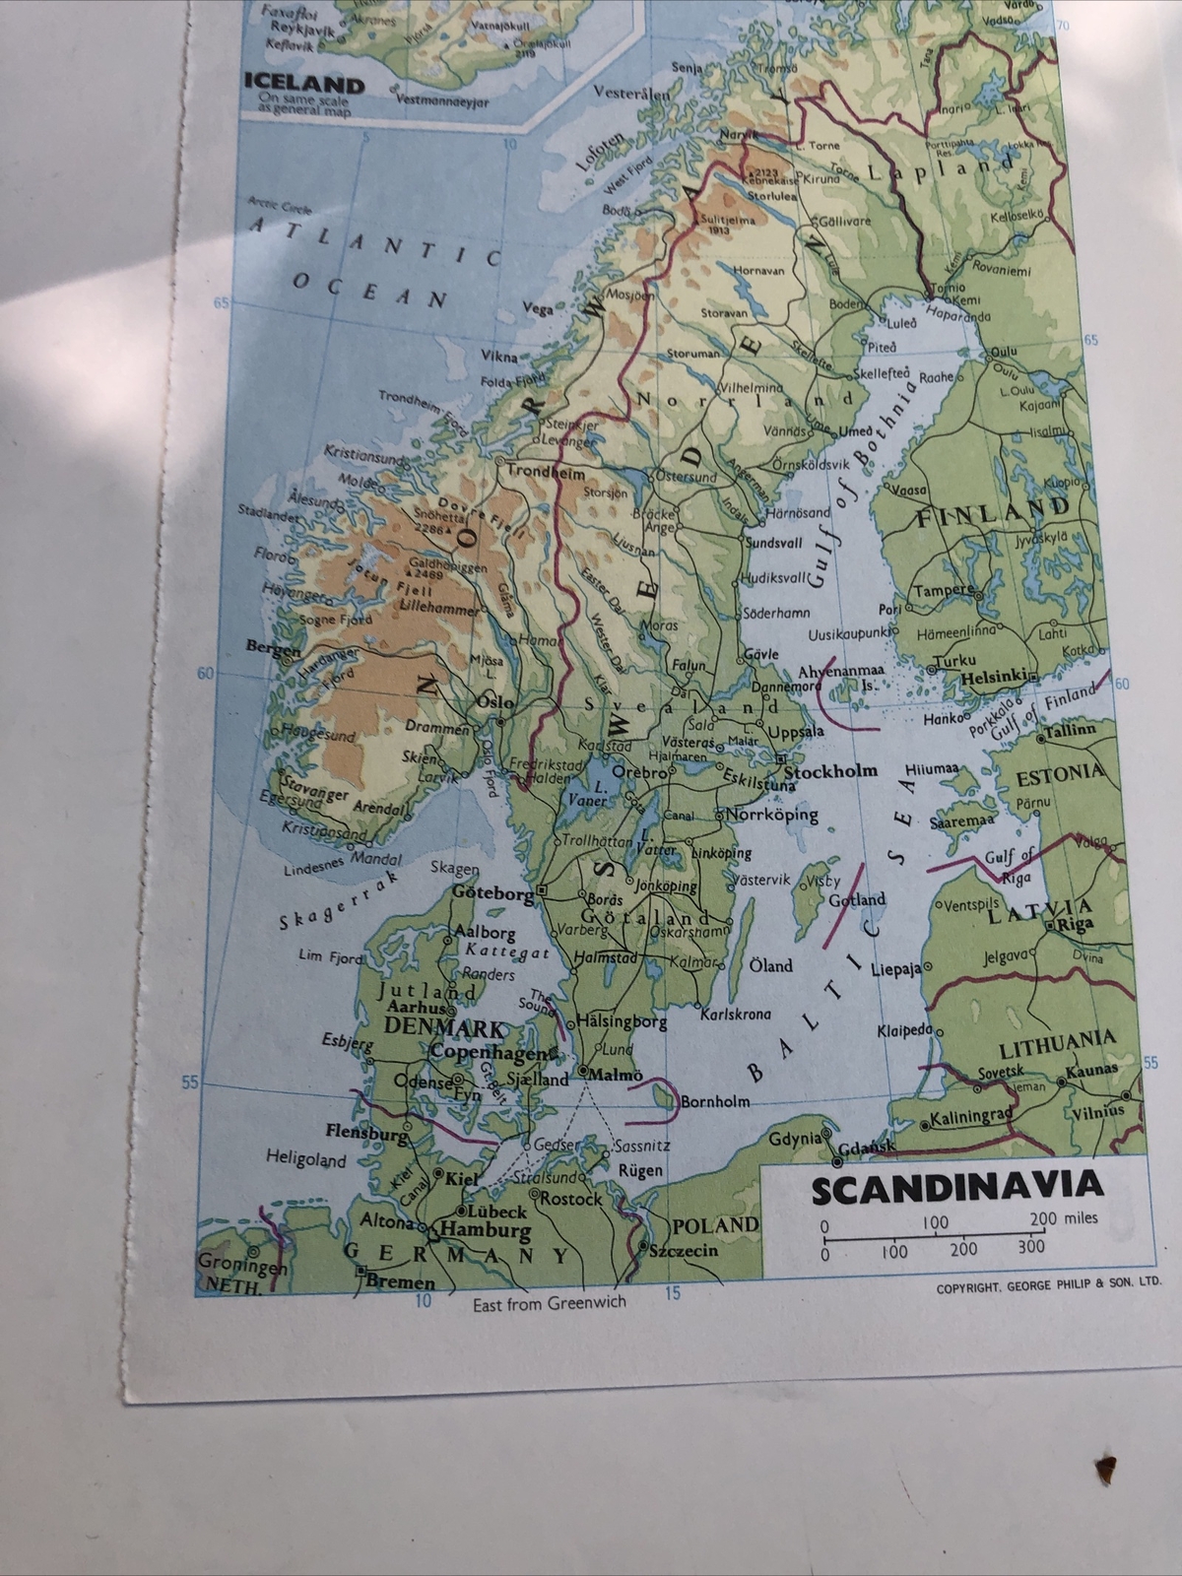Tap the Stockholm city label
click(x=829, y=771)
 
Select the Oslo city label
click(x=494, y=703)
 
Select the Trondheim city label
click(x=539, y=472)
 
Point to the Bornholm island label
click(x=716, y=1101)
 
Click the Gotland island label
click(x=857, y=899)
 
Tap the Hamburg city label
click(x=485, y=1230)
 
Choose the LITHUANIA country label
click(x=1056, y=1039)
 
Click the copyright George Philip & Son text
click(x=1044, y=1284)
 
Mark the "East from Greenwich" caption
click(x=549, y=1301)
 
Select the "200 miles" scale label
click(x=1063, y=1217)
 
